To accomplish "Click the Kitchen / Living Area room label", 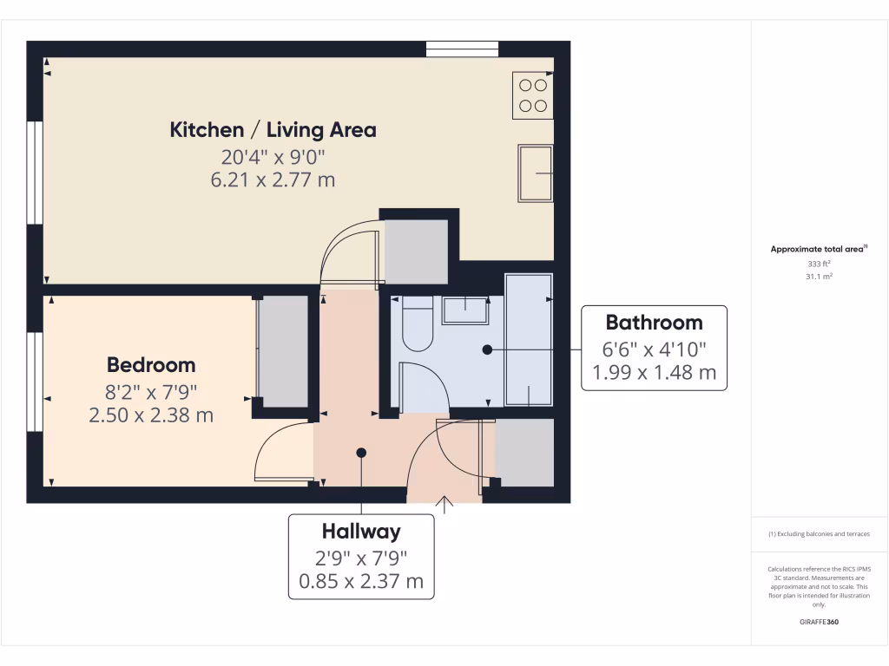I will [273, 130].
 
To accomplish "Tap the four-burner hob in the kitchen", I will [532, 95].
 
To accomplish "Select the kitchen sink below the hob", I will [535, 173].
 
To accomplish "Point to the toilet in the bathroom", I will [418, 324].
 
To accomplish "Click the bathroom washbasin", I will [465, 310].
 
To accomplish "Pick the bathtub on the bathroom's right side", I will [529, 340].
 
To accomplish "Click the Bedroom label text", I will [151, 365].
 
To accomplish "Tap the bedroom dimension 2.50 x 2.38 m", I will [151, 415].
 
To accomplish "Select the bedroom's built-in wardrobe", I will [285, 350].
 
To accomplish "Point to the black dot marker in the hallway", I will [361, 453].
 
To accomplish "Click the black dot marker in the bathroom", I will [487, 349].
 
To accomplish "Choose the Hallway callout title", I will [361, 531].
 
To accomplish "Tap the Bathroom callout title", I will [654, 323].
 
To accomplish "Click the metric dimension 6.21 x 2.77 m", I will [273, 180].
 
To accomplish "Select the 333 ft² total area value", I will [820, 263].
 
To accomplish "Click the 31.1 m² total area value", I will [820, 276].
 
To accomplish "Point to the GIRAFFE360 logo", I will [820, 622].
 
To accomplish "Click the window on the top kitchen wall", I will [462, 49].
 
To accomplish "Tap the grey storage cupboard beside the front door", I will [524, 452].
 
